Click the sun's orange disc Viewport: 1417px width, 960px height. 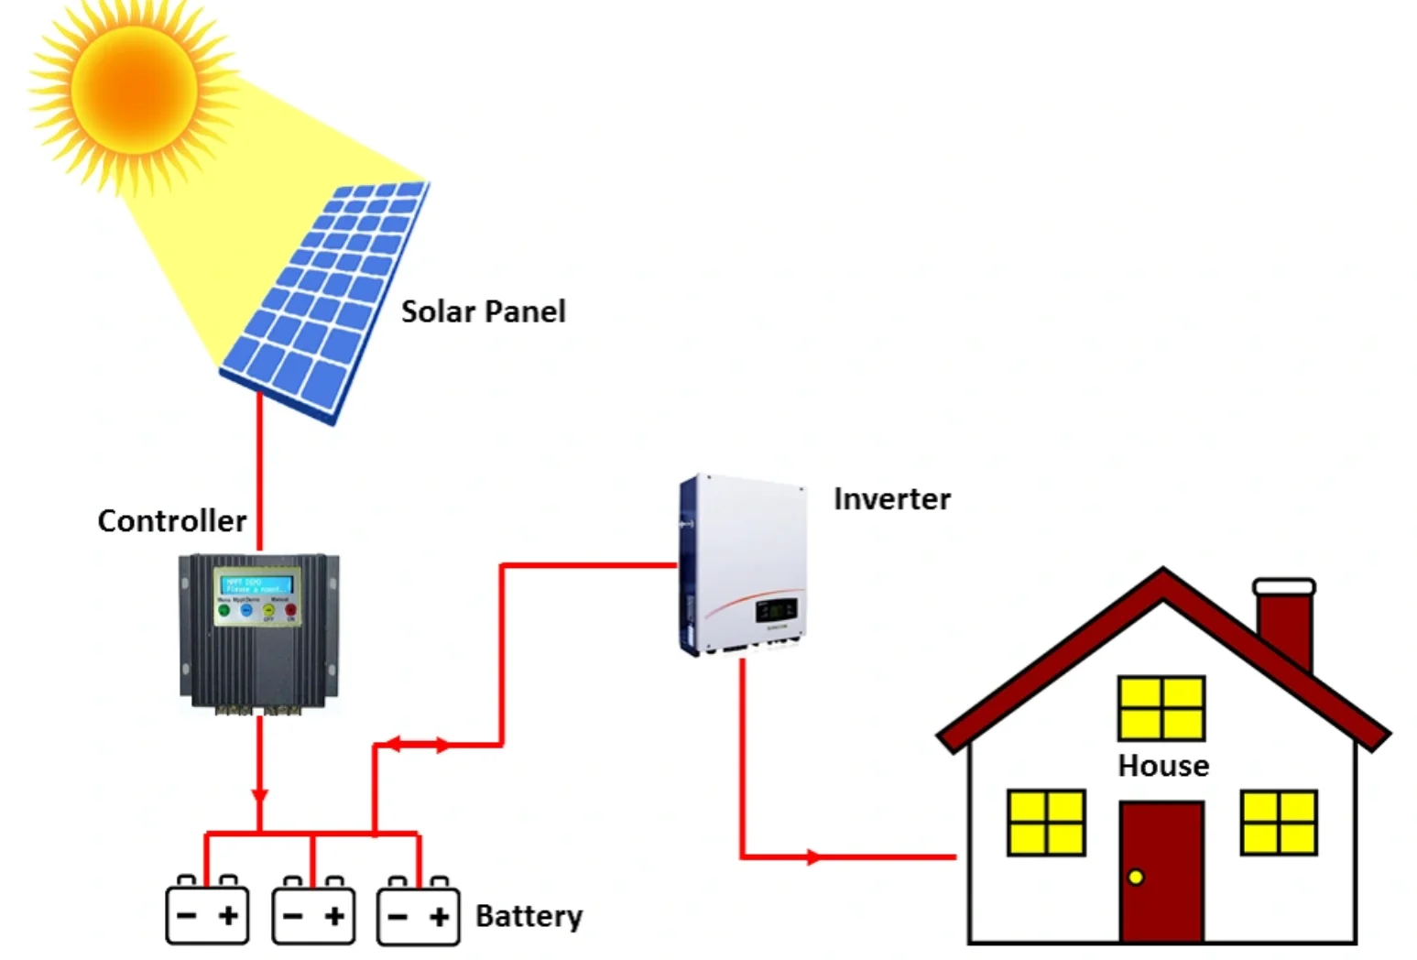coord(134,90)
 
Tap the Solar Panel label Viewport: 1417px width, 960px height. coord(483,311)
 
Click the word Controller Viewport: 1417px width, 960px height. coord(171,520)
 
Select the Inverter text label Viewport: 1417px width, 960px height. coord(891,498)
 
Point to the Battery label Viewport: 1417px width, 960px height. coord(529,915)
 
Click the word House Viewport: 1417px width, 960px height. coord(1162,765)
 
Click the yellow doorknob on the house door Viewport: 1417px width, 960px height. coord(1136,877)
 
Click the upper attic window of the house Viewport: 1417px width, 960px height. coord(1161,708)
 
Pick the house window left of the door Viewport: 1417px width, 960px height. coord(1046,823)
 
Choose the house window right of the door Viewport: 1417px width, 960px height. coord(1279,823)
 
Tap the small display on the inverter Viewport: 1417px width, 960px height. coord(775,609)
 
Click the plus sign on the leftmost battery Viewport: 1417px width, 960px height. coord(228,914)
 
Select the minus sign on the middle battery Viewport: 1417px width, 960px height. coord(293,915)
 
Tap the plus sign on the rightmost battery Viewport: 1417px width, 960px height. coord(440,915)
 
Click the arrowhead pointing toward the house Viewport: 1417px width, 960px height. coord(813,857)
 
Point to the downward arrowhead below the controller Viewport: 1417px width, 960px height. coord(260,795)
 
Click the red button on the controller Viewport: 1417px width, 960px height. coord(291,609)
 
